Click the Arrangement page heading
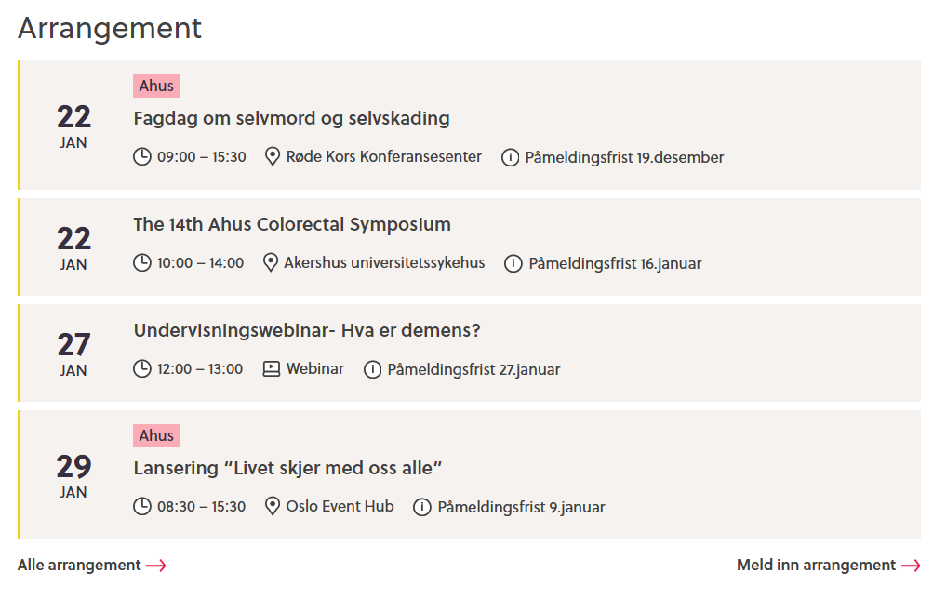coord(110,28)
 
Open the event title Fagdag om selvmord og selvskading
coord(291,118)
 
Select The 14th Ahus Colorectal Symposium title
coord(292,224)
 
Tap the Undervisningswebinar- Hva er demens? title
coord(307,330)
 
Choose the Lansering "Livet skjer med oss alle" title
coord(287,467)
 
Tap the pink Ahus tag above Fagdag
coord(156,87)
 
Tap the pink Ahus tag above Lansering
coord(156,435)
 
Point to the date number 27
coord(73,345)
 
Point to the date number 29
coord(73,466)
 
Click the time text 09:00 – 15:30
coord(201,157)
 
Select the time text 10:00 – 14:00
coord(200,263)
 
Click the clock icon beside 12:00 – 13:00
coord(142,369)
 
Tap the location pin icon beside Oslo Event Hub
coord(273,507)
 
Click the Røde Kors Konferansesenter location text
coord(384,157)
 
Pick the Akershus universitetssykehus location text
coord(384,263)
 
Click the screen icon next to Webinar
coord(272,369)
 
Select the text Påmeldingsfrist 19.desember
coord(624,157)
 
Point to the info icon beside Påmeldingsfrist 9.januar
coord(422,507)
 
